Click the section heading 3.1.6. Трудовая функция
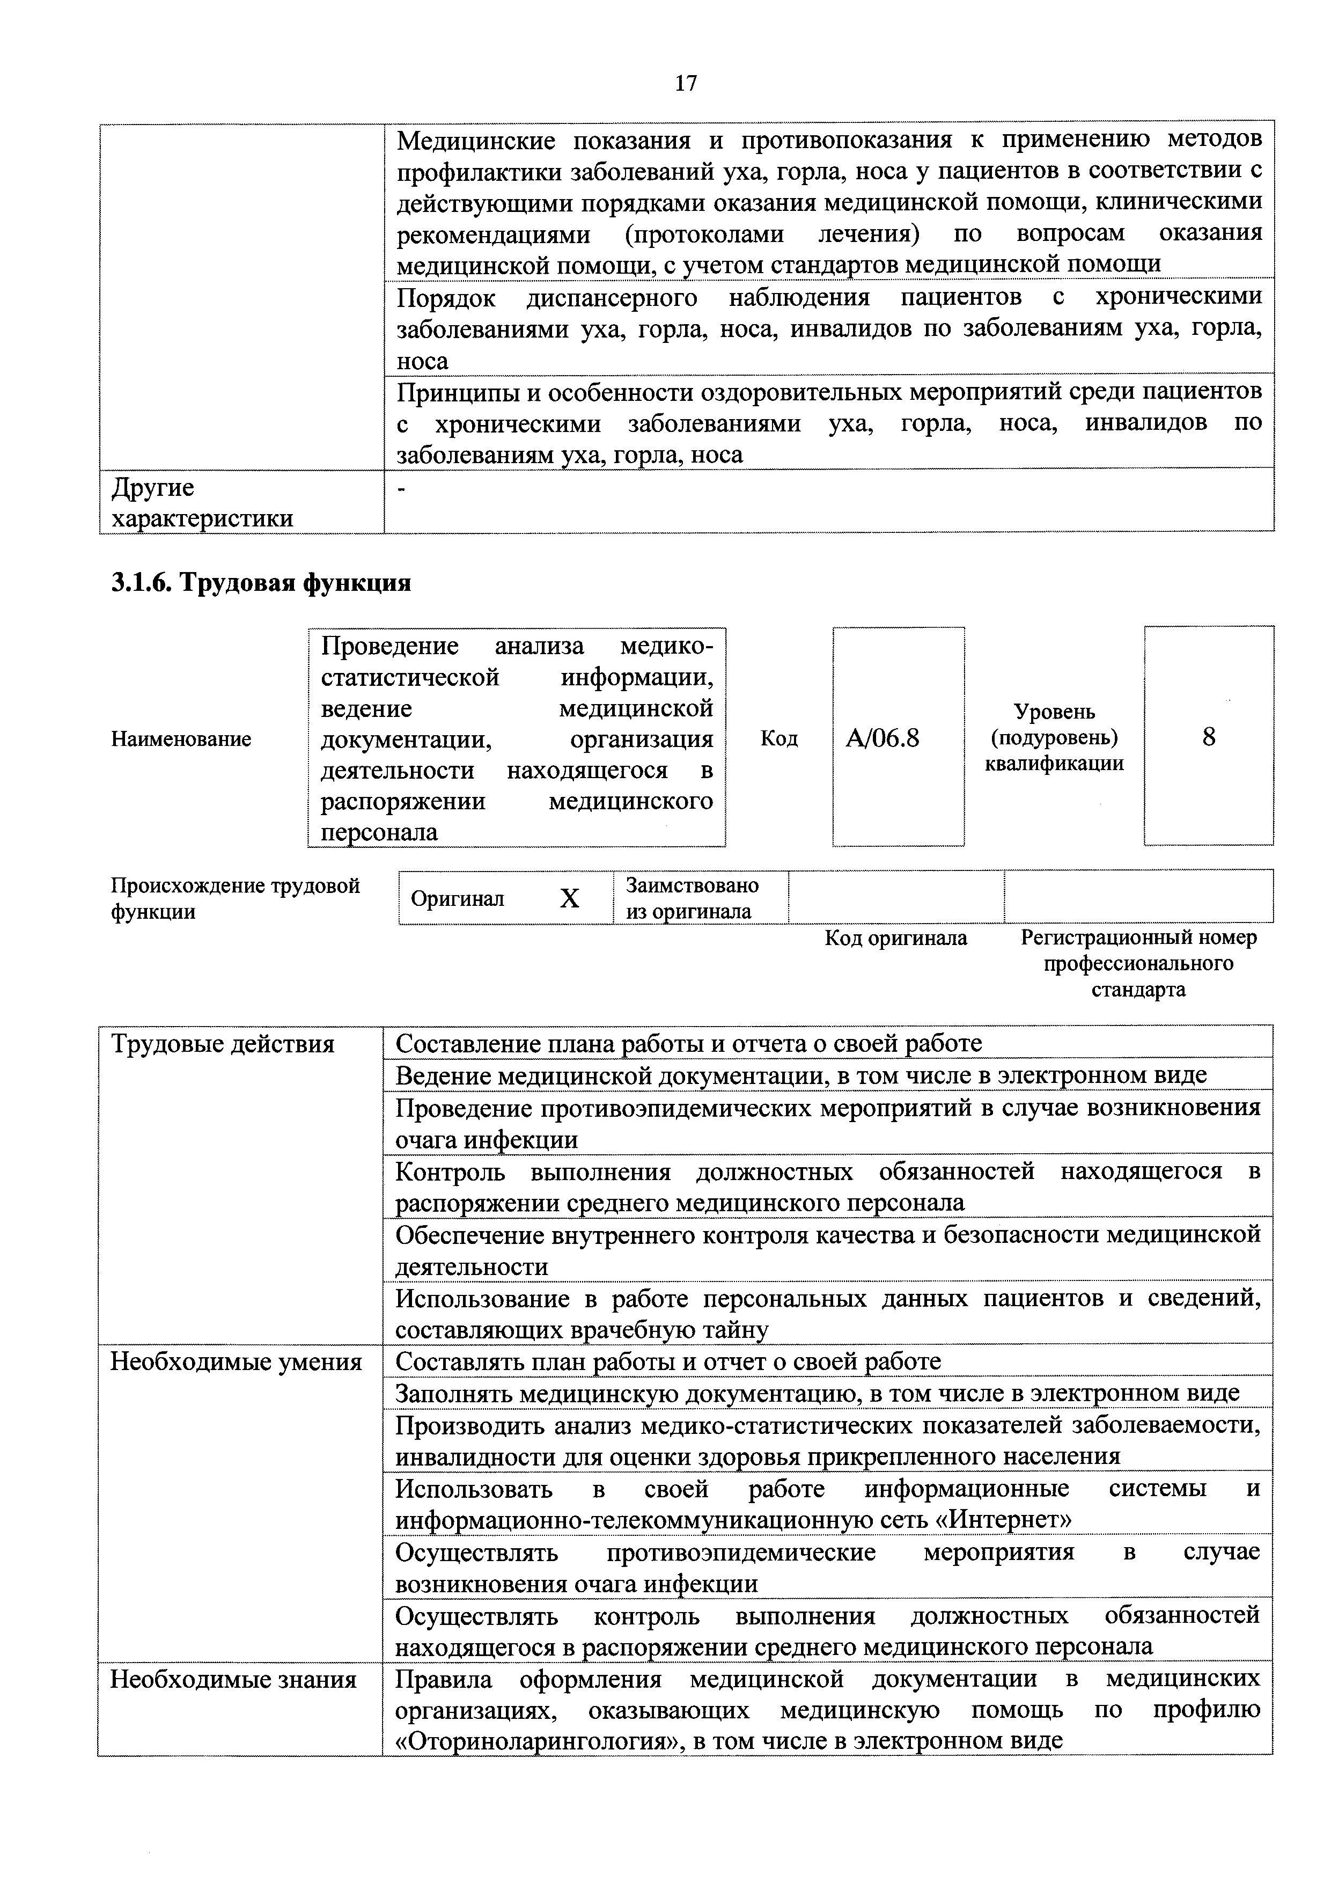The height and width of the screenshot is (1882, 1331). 261,583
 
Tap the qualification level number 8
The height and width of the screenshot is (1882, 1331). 1208,737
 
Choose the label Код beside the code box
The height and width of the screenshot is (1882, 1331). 778,738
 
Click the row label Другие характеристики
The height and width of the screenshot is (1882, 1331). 202,502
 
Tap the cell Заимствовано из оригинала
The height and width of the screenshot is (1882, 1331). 692,898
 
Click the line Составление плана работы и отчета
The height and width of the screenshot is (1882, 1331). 688,1043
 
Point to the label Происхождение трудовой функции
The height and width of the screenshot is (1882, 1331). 235,898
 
